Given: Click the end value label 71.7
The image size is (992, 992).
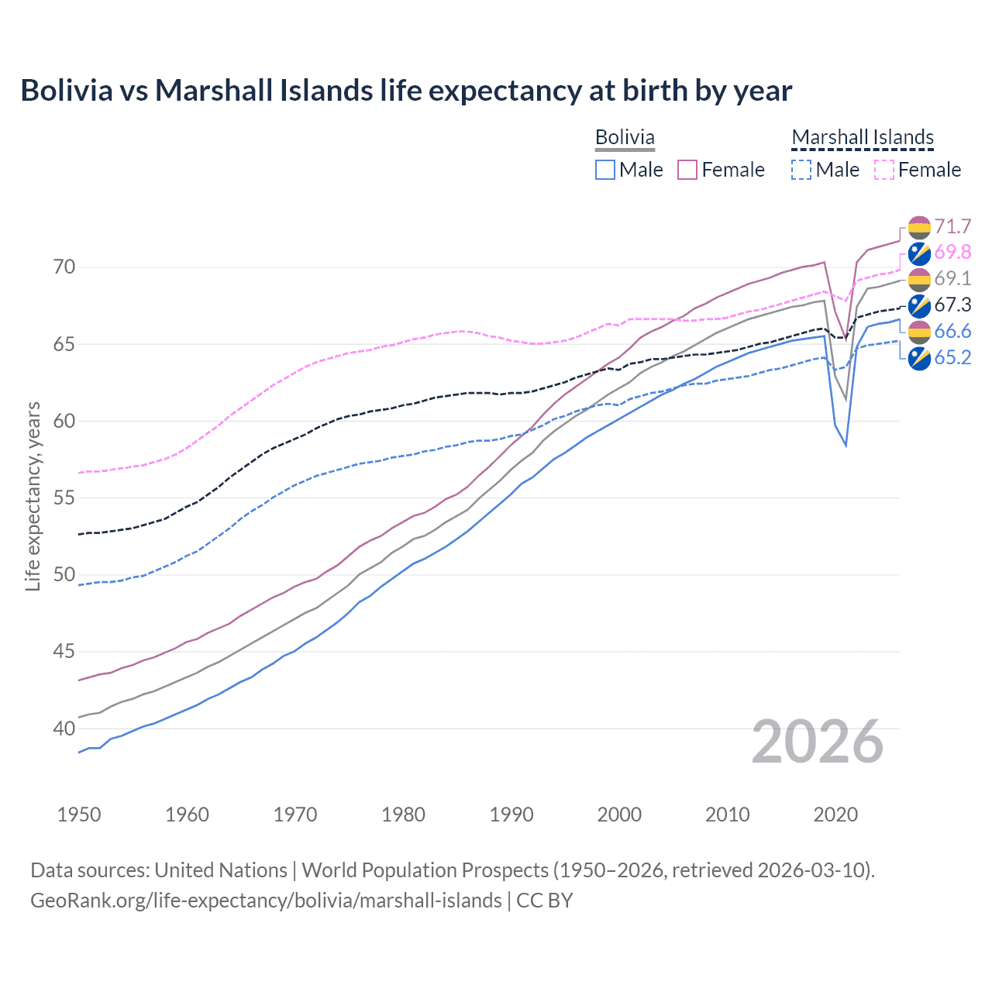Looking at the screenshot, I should click(952, 226).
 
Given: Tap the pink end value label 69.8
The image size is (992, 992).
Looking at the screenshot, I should click(952, 253).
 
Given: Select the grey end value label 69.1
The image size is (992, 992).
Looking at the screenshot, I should click(952, 279).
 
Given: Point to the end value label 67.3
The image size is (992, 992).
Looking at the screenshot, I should click(952, 305).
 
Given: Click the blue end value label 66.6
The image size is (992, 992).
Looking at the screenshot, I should click(952, 332).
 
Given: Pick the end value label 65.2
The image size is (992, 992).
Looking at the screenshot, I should click(952, 358).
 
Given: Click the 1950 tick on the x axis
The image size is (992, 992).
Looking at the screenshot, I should click(79, 815).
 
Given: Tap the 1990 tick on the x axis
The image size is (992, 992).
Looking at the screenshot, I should click(511, 815).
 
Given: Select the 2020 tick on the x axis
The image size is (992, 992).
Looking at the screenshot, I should click(835, 815).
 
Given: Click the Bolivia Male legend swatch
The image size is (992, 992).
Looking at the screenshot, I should click(605, 170).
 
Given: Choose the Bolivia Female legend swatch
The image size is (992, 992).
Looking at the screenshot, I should click(687, 170).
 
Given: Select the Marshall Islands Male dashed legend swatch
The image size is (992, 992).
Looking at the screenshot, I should click(801, 170).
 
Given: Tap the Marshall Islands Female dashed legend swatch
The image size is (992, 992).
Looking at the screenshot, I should click(884, 170).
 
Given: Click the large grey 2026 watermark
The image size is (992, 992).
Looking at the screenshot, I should click(818, 742).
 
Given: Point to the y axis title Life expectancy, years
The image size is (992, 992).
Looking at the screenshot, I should click(33, 496).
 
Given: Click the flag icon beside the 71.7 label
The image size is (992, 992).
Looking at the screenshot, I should click(919, 227).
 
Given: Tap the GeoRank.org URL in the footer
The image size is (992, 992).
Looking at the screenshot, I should click(266, 901).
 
